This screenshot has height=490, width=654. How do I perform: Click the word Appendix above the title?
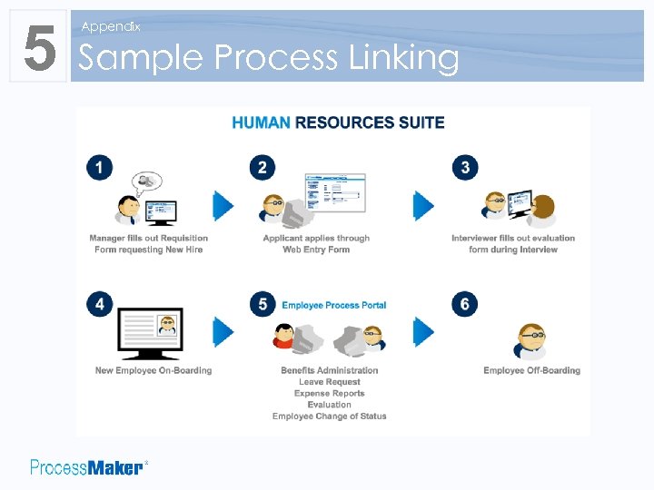pyautogui.click(x=110, y=27)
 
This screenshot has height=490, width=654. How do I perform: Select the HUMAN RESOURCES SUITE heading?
pyautogui.click(x=338, y=122)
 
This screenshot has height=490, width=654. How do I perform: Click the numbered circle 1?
pyautogui.click(x=100, y=168)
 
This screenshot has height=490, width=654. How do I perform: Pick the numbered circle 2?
pyautogui.click(x=263, y=168)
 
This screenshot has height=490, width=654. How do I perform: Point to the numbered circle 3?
pyautogui.click(x=465, y=168)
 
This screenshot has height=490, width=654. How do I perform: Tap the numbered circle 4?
pyautogui.click(x=100, y=304)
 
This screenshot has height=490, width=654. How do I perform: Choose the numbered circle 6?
pyautogui.click(x=465, y=304)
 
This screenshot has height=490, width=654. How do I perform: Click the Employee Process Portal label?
pyautogui.click(x=334, y=305)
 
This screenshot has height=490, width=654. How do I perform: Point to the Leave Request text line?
pyautogui.click(x=329, y=382)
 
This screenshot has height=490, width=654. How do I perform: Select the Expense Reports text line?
pyautogui.click(x=329, y=394)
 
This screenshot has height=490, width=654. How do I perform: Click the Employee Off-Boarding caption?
pyautogui.click(x=531, y=370)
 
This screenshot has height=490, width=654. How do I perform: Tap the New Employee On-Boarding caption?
pyautogui.click(x=154, y=370)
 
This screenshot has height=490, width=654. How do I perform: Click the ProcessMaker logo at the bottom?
pyautogui.click(x=87, y=467)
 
